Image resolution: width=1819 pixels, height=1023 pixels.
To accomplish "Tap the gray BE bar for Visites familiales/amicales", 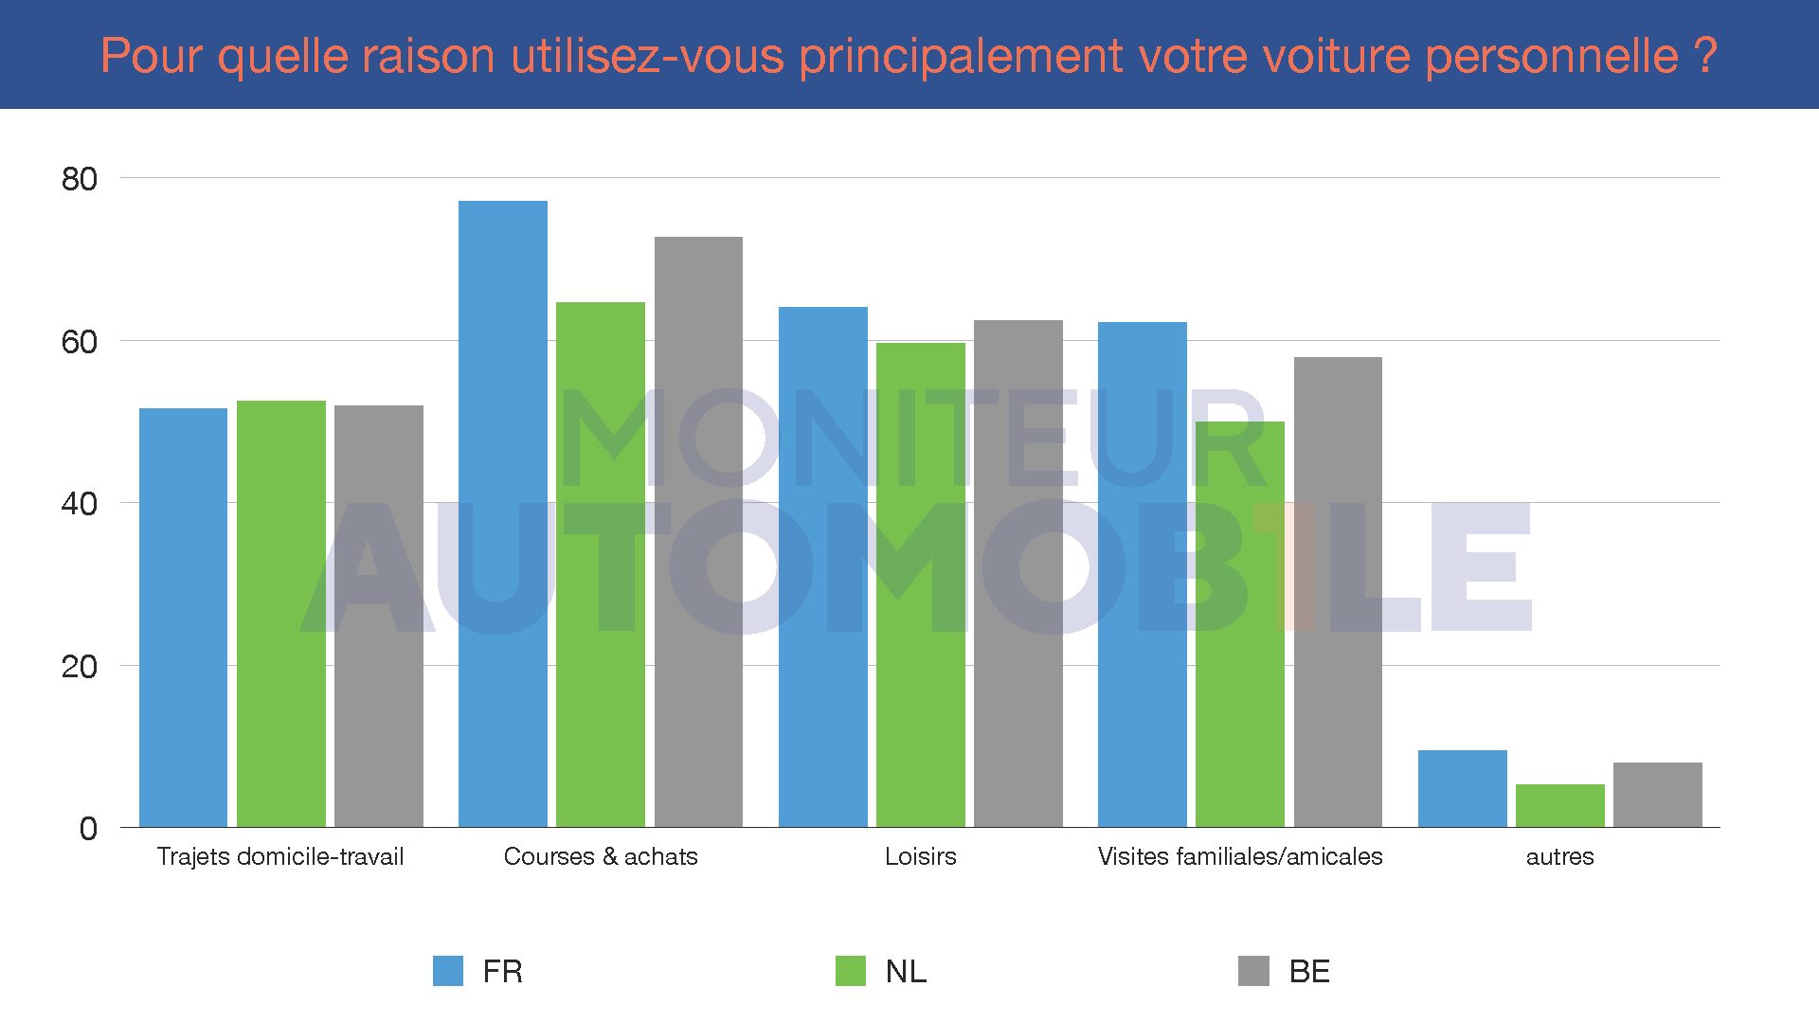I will click(1338, 592).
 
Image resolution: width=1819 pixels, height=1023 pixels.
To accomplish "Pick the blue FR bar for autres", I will click(1462, 788).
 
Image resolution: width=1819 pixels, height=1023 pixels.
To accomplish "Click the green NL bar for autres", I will click(1559, 805).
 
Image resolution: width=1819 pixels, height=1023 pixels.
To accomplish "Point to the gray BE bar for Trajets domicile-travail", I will click(379, 616).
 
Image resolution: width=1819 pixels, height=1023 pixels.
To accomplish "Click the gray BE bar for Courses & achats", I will click(698, 531).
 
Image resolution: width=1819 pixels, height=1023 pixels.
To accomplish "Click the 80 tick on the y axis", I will click(80, 179).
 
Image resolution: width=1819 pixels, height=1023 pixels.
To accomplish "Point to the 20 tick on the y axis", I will click(80, 667).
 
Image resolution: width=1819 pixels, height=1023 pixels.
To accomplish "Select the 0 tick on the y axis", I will click(88, 829).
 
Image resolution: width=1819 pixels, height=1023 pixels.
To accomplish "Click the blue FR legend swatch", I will click(448, 971).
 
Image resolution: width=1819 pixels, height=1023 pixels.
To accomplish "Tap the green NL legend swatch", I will click(851, 971).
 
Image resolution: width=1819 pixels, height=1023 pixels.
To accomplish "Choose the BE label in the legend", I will click(1309, 972).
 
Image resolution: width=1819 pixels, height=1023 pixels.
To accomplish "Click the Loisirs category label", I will click(920, 856).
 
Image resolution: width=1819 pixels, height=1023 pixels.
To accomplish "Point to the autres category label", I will click(1559, 857).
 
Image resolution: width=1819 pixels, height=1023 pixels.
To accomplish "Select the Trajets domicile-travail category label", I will click(280, 856).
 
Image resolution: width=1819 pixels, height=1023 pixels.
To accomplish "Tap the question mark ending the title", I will click(1705, 56).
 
